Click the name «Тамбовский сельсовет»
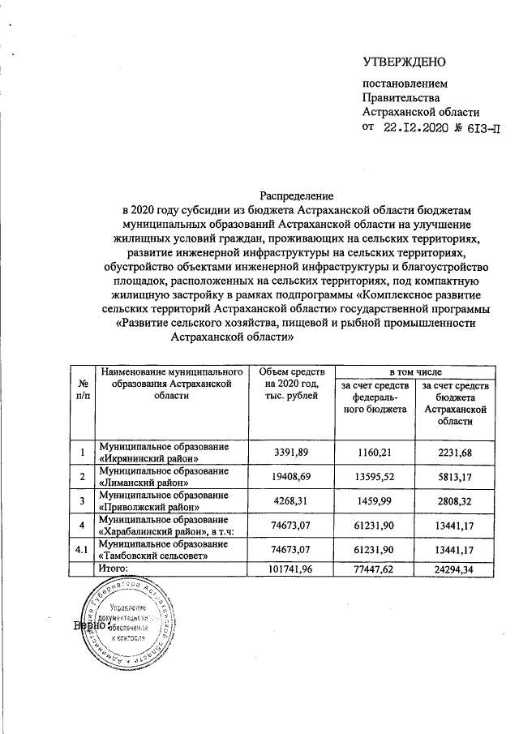155,556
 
